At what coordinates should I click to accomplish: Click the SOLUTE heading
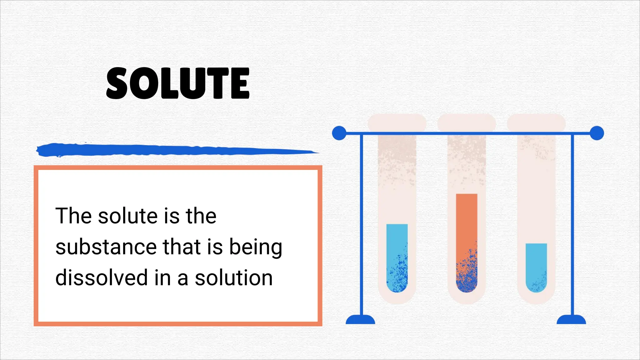178,83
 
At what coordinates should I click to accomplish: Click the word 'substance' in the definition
106,247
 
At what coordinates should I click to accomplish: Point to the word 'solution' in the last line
234,277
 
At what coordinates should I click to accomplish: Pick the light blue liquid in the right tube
536,259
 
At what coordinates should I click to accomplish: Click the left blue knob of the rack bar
339,133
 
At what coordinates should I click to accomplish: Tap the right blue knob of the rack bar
597,133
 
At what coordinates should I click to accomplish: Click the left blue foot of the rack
360,320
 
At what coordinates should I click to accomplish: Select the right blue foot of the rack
571,320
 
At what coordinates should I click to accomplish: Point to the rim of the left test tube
397,122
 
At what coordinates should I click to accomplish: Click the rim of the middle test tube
467,122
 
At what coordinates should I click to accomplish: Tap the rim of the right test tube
536,122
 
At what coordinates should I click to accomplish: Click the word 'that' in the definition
182,247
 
